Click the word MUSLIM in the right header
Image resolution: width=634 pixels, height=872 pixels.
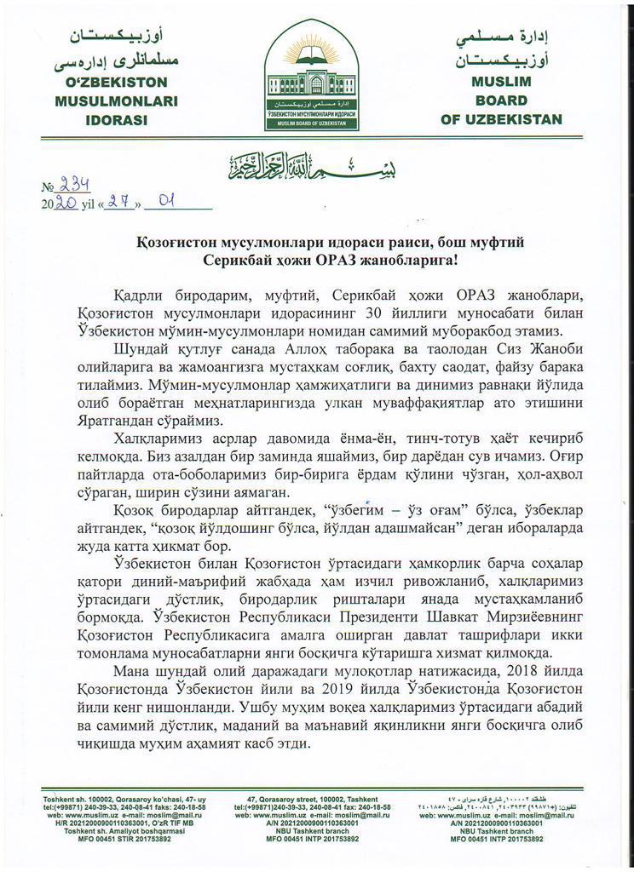(502, 82)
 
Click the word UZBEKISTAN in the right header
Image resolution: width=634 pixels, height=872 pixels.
(502, 119)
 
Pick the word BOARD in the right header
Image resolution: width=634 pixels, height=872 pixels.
(502, 100)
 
